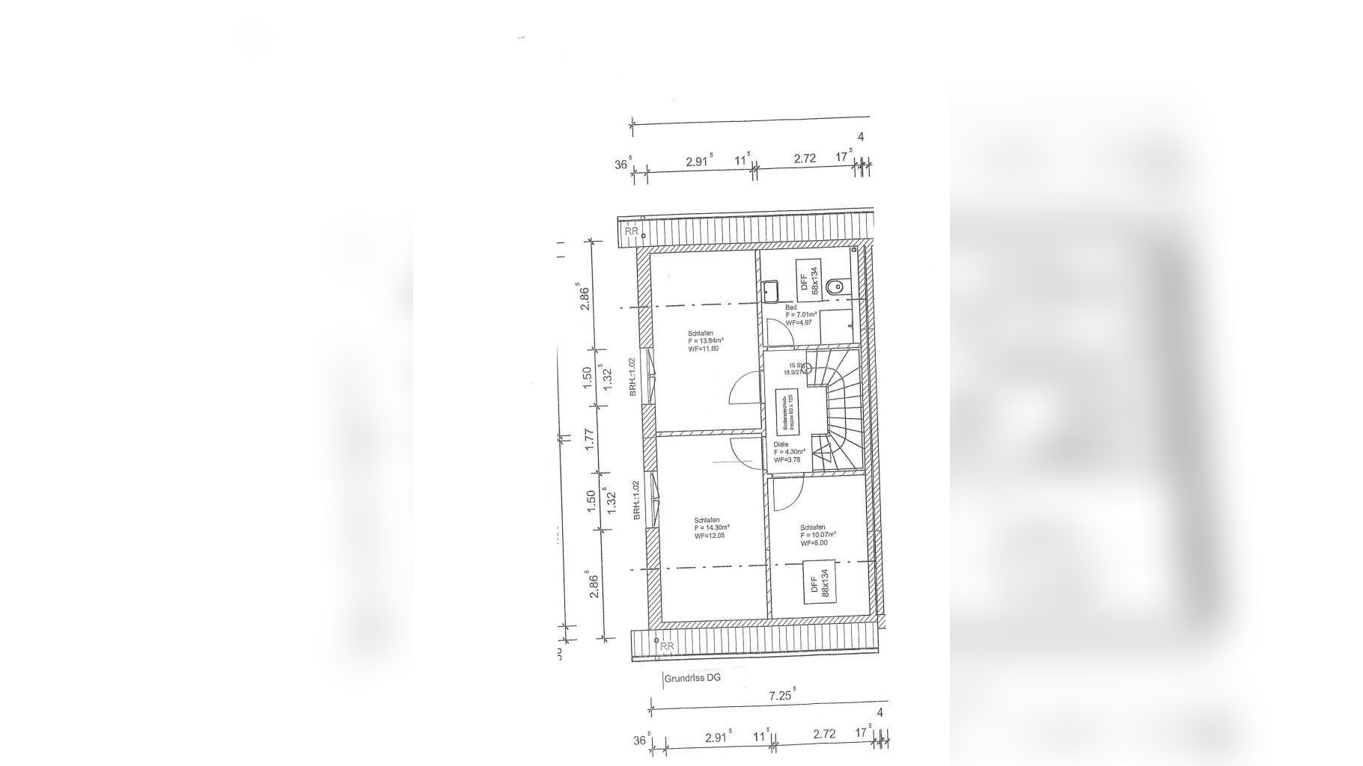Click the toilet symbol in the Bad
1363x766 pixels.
coord(835,286)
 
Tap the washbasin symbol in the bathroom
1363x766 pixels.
coord(771,289)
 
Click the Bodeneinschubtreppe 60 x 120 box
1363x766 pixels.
coord(789,411)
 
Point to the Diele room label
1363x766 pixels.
coord(781,444)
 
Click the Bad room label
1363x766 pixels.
coord(790,307)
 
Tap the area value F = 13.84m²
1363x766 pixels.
coord(705,340)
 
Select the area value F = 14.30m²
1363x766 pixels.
coord(711,527)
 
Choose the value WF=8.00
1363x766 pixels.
coord(814,543)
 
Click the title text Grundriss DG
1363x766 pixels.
coord(693,678)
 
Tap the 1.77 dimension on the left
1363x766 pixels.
coord(590,439)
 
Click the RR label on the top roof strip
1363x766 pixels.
coord(632,231)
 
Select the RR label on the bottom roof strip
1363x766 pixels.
coord(667,646)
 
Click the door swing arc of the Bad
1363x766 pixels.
coord(778,333)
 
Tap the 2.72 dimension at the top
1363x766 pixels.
coord(805,159)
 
